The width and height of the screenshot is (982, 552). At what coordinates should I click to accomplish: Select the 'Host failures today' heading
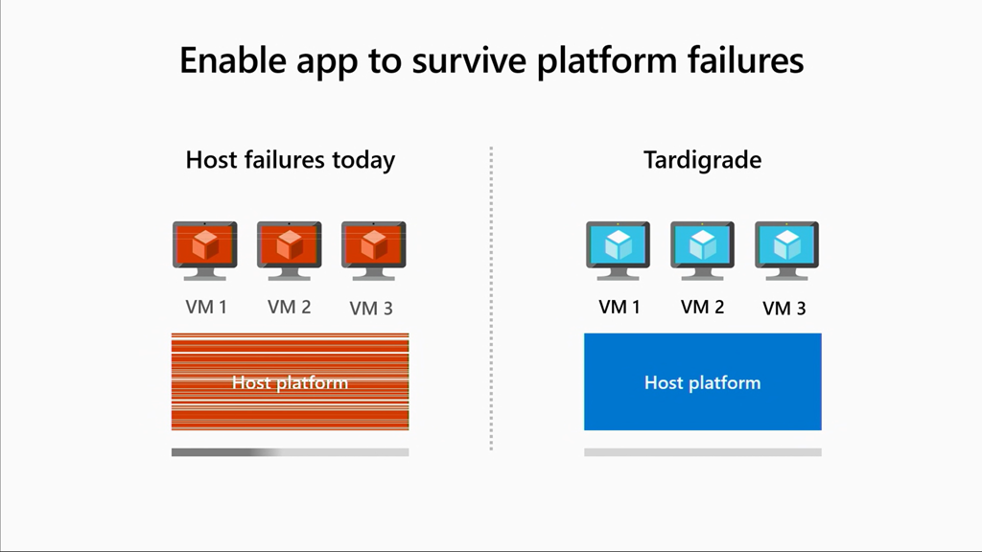pos(290,159)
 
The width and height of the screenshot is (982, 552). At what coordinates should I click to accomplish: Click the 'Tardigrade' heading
pos(702,159)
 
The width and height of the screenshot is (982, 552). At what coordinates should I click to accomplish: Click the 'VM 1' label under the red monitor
pos(206,308)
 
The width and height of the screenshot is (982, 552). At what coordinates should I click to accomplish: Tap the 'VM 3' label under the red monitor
pos(371,309)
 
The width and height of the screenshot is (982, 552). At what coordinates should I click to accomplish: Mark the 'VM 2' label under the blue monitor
pos(702,308)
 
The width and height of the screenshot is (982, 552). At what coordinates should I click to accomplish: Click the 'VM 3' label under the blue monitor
pos(783,309)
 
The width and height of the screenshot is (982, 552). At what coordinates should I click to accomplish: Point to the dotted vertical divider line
pos(491,297)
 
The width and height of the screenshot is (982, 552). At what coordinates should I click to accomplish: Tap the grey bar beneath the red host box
pos(290,451)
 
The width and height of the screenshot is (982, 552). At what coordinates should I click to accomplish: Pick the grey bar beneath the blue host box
pos(702,451)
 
